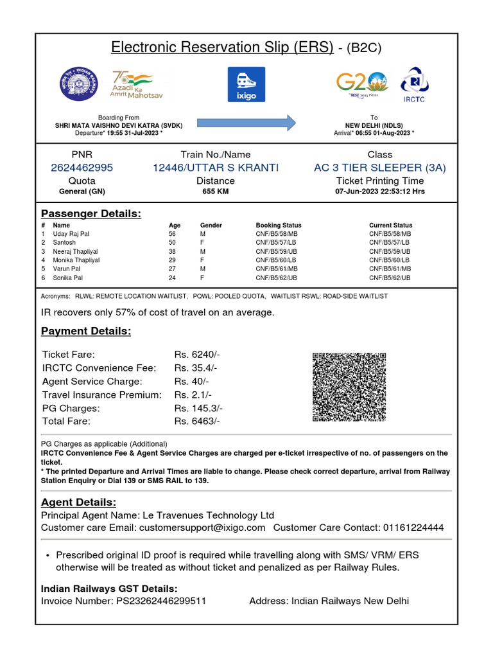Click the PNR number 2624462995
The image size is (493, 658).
click(82, 168)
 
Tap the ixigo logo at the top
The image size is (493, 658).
click(246, 84)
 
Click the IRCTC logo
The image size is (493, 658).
click(414, 84)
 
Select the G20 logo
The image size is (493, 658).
click(362, 84)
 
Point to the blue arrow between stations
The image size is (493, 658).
click(246, 122)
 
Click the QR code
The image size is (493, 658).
click(349, 387)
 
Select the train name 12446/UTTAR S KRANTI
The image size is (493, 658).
click(215, 168)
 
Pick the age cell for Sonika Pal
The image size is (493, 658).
click(172, 278)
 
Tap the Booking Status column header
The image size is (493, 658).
click(278, 226)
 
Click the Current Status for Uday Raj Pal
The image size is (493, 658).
click(390, 234)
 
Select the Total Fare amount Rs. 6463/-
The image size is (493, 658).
click(197, 421)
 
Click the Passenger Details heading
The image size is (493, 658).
click(91, 213)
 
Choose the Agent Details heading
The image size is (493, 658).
click(78, 502)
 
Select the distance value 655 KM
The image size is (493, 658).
click(215, 191)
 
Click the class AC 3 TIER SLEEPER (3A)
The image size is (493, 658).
click(379, 168)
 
